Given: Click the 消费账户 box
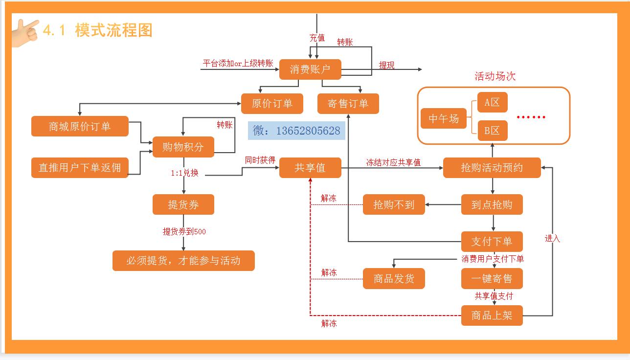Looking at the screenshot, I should (x=310, y=69).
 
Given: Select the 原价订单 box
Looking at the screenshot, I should (x=272, y=104).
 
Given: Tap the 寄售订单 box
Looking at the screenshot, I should (x=348, y=104).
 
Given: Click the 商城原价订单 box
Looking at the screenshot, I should (x=80, y=127).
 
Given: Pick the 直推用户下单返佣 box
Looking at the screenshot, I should (x=80, y=168).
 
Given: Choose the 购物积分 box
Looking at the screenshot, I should (x=183, y=147).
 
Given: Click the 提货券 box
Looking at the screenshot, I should (x=183, y=204).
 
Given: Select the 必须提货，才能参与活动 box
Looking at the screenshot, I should (x=183, y=261).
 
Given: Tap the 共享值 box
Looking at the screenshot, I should (x=310, y=168).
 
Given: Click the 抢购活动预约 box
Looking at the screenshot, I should (x=492, y=168).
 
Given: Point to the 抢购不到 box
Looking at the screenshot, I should (x=394, y=204).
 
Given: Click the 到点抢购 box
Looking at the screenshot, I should (x=492, y=204).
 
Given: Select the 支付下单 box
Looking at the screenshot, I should (x=492, y=242).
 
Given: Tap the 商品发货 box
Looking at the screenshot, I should (x=394, y=279).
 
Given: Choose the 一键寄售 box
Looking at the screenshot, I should (x=492, y=279).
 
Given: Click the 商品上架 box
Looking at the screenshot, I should (x=492, y=315).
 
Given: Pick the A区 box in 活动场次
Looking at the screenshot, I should (x=492, y=103).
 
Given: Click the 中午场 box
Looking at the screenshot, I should (x=444, y=118).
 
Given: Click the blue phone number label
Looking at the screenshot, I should (x=296, y=131).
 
